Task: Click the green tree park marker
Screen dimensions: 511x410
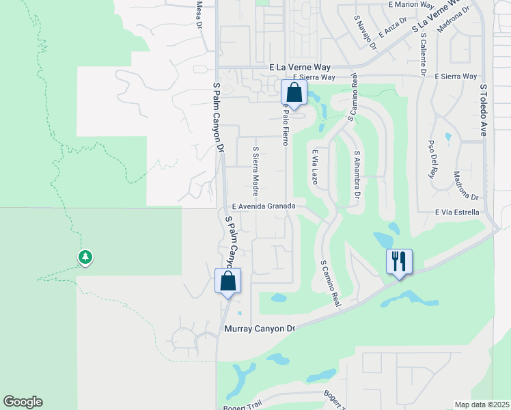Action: [x=85, y=258]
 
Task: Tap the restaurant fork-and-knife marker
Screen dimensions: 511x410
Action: [x=399, y=262]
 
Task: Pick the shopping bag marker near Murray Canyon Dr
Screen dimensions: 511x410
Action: [x=227, y=281]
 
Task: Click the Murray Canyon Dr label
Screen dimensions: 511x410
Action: [x=260, y=329]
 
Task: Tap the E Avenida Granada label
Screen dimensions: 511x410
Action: [x=263, y=206]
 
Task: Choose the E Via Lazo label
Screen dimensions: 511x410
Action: [x=315, y=168]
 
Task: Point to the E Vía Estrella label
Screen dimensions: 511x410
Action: [x=456, y=213]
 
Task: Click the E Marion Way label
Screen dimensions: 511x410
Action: [x=411, y=4]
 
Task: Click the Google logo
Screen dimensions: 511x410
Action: [x=23, y=402]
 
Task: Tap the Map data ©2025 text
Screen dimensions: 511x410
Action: [x=482, y=405]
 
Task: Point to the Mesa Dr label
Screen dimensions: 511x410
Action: [x=200, y=14]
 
